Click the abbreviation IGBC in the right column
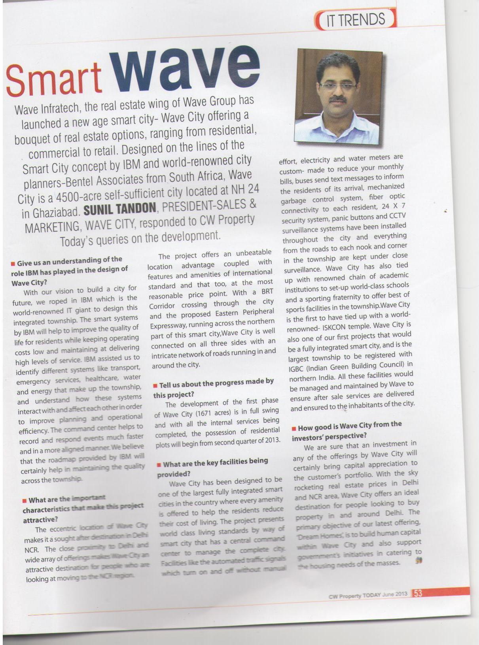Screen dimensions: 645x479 click(297, 368)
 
